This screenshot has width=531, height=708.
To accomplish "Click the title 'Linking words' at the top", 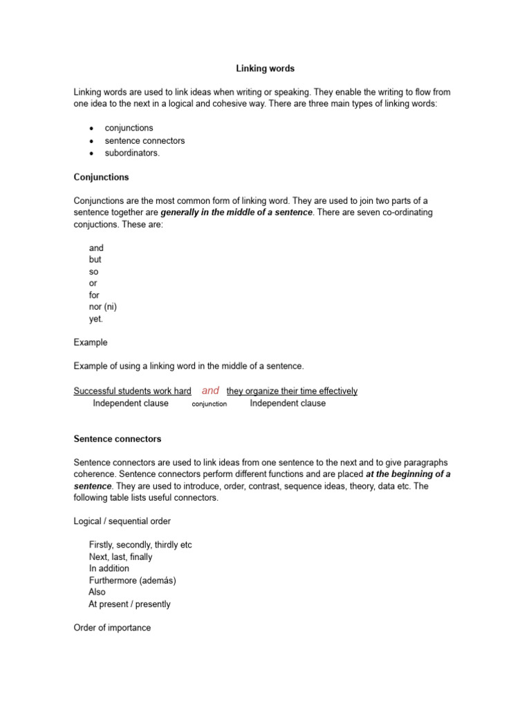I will (x=265, y=68).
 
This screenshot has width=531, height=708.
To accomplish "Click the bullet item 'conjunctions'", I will (x=129, y=128).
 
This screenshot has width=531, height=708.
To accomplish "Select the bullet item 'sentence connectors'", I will (x=145, y=140).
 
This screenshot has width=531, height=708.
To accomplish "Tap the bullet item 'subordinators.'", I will (x=132, y=153).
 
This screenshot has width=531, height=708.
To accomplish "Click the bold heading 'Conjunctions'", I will (x=101, y=177).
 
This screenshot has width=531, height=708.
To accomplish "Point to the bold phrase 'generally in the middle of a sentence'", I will (x=236, y=212).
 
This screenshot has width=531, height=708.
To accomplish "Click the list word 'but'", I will (x=95, y=259).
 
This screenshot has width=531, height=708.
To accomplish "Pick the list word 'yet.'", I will (x=96, y=319).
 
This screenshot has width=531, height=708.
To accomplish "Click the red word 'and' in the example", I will (x=210, y=391).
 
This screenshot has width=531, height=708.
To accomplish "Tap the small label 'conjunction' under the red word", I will (x=209, y=404).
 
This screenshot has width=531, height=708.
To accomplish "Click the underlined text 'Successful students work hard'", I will (x=133, y=391).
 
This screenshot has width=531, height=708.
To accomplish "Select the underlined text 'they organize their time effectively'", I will (x=292, y=391).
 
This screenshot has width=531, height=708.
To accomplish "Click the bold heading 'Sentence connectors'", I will (x=117, y=438).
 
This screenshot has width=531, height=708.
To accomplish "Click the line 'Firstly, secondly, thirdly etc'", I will (x=140, y=545).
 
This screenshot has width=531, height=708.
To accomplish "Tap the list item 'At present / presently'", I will (x=129, y=604).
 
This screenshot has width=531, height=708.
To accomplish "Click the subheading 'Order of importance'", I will (x=112, y=628).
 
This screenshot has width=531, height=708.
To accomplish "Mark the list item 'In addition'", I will (x=109, y=568).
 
